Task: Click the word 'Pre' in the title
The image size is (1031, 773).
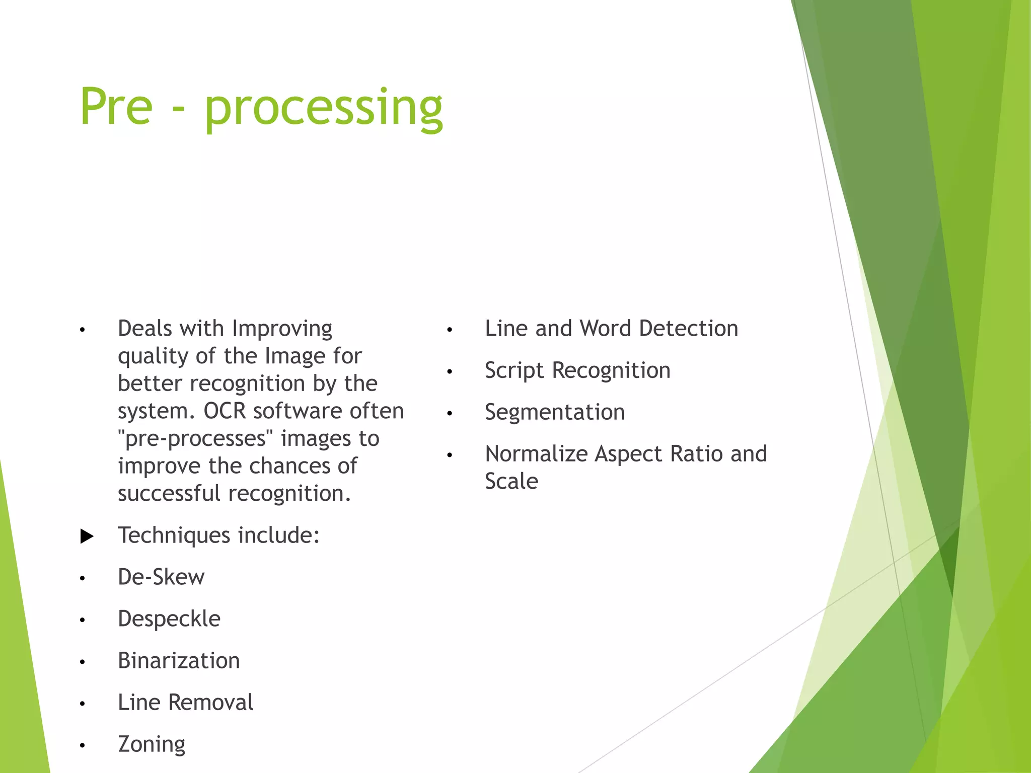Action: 116,107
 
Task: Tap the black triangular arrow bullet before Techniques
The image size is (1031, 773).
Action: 87,536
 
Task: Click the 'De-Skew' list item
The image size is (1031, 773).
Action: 161,577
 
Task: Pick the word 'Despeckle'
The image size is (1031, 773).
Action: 169,619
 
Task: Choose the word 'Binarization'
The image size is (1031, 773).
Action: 179,661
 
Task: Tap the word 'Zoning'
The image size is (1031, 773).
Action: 152,744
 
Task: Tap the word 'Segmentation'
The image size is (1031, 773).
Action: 555,413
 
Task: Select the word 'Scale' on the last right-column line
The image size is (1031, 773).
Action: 511,482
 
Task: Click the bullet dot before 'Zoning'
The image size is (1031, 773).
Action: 82,745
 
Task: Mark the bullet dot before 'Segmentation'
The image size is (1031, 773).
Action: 450,414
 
